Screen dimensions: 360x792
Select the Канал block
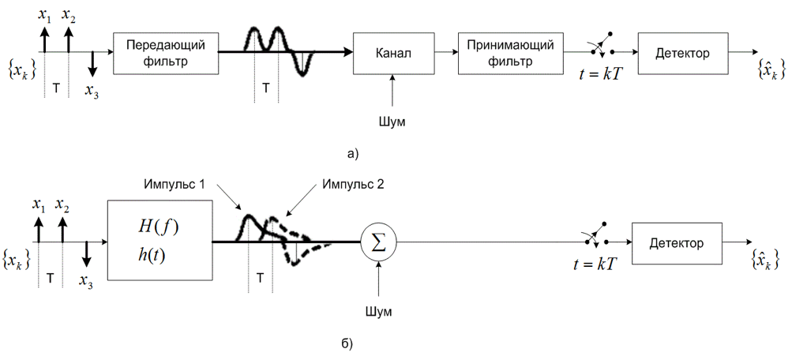(x=394, y=54)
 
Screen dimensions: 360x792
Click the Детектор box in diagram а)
(x=682, y=54)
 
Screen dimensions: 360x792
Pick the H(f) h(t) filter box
(x=160, y=240)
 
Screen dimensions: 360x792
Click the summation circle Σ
(x=379, y=243)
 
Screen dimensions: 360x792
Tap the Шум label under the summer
(x=379, y=311)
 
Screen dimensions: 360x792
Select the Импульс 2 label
(x=354, y=184)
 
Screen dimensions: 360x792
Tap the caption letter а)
(x=352, y=153)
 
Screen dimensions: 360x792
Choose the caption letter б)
(x=347, y=343)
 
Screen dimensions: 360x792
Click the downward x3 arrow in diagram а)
(x=92, y=64)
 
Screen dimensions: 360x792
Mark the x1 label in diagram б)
(x=39, y=205)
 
